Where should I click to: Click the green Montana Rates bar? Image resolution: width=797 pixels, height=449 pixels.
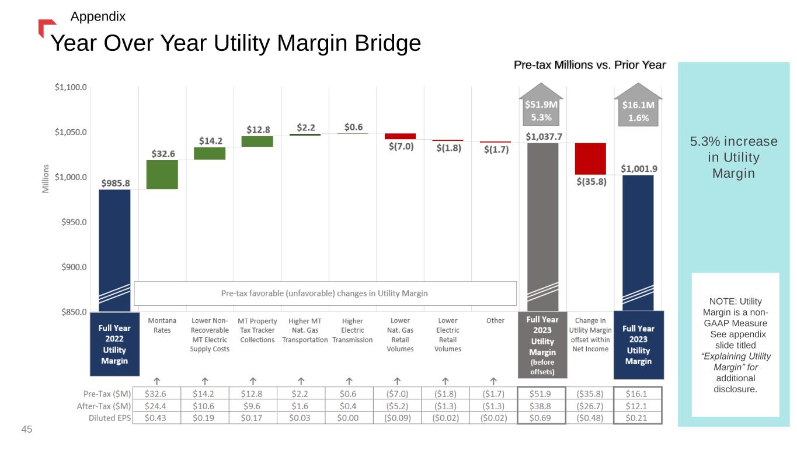pos(162,175)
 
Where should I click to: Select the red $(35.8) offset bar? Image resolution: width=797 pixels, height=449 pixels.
pos(590,159)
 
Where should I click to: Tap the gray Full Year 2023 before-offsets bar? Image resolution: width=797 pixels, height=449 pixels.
pos(542,227)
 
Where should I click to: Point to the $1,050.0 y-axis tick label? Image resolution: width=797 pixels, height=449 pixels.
pos(71,132)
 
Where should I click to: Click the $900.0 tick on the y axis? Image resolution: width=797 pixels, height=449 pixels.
pos(74,267)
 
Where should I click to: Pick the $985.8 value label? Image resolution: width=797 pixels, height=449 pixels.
pos(116,183)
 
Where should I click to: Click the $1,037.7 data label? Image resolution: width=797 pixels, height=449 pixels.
pos(544,136)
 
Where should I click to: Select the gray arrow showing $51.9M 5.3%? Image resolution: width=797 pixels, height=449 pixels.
pos(541,105)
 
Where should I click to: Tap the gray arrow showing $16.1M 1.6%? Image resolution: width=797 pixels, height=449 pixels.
pos(638,105)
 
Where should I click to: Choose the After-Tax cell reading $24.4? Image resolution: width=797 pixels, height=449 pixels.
pos(155,406)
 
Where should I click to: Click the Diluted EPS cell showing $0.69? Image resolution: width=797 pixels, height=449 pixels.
pos(540,417)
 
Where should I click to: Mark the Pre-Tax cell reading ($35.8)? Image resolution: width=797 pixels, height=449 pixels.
pos(590,394)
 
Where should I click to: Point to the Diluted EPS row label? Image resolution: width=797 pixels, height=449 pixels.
pos(110,418)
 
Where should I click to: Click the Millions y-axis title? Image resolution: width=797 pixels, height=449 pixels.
pos(46,178)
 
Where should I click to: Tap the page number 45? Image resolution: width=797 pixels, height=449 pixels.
pos(27,429)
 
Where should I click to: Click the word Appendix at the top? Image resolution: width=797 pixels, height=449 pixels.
pos(98,16)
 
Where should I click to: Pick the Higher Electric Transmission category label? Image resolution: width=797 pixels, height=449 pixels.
pos(352,330)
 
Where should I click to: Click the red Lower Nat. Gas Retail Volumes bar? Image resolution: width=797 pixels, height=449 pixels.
pos(401,136)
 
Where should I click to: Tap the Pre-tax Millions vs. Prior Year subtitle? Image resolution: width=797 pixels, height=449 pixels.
pos(590,65)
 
